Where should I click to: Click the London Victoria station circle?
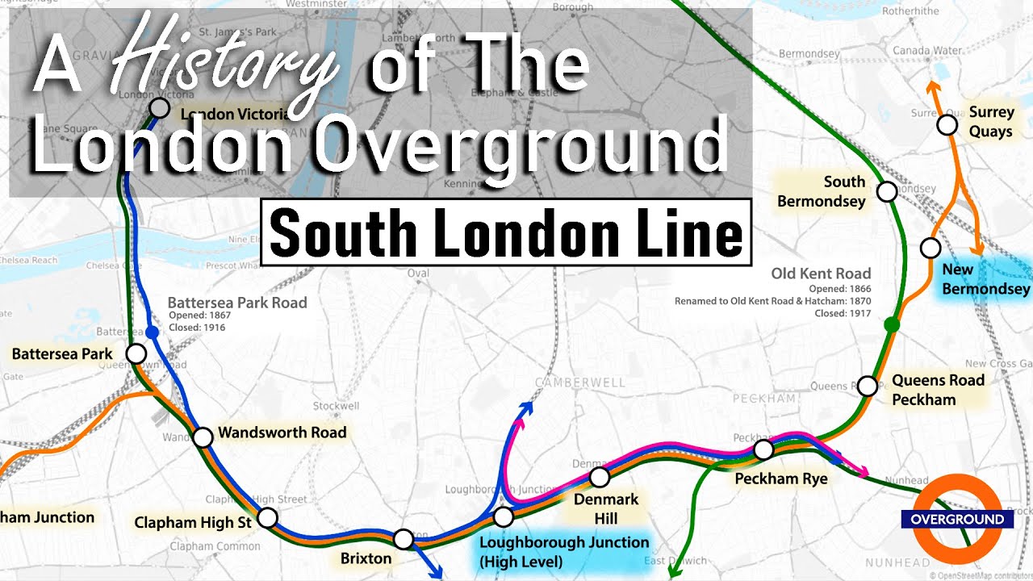160,107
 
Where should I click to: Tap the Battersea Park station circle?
136,353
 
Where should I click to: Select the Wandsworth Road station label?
282,433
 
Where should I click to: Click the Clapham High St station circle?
267,517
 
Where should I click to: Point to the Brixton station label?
366,558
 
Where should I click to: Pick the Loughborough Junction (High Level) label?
563,552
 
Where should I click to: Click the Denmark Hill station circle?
599,477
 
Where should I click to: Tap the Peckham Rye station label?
780,479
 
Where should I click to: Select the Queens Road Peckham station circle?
868,386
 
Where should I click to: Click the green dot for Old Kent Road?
892,324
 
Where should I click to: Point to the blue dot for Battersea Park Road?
151,332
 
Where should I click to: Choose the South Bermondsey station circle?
887,191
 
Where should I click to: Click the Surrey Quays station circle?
947,125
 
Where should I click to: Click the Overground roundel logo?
957,519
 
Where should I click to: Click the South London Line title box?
506,232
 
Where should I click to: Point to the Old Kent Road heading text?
821,274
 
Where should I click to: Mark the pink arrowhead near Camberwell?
515,420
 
